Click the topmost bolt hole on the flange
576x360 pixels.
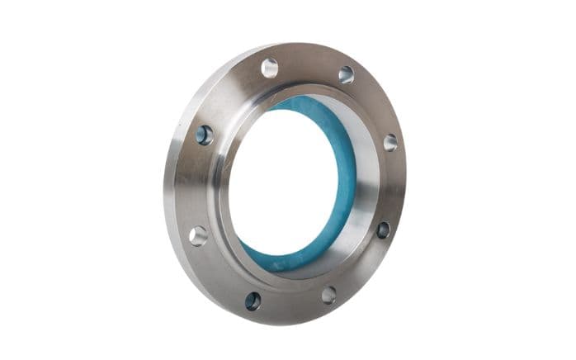(x=270, y=68)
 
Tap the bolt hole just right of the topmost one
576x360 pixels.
(x=346, y=74)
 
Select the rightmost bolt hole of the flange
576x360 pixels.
(x=390, y=142)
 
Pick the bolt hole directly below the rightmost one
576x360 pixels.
(x=383, y=230)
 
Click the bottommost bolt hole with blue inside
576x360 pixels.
(x=253, y=301)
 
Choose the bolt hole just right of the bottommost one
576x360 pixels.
(x=328, y=295)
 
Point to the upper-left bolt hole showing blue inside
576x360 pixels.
(x=204, y=135)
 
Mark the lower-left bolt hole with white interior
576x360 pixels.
(x=198, y=235)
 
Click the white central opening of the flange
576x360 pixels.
(x=281, y=182)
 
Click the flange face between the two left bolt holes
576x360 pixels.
(x=194, y=186)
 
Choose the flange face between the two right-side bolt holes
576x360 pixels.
(x=394, y=186)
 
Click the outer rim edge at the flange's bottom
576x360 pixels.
(x=272, y=320)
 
